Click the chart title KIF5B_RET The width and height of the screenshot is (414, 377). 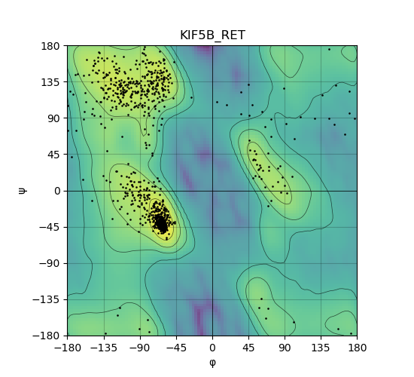(212, 35)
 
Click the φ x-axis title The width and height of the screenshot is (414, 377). (212, 363)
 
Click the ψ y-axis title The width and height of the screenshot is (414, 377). (23, 191)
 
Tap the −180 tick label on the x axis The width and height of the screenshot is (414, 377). (68, 348)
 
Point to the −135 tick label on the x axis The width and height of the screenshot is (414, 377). (104, 348)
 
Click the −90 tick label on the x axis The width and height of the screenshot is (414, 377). (140, 348)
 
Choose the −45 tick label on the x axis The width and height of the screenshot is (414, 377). (176, 348)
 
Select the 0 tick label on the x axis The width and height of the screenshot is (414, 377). (212, 348)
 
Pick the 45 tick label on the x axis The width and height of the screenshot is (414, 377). (248, 348)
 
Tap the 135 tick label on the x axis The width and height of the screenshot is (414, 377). (321, 348)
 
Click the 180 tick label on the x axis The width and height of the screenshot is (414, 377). (358, 348)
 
